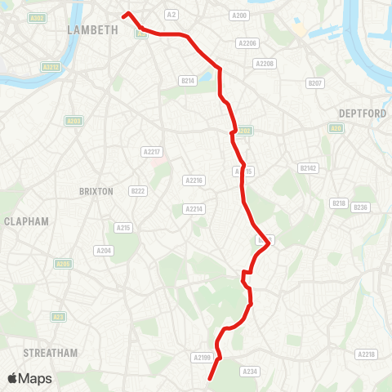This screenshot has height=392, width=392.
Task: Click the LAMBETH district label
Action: click(92, 29)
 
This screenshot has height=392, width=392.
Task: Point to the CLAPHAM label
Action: click(26, 221)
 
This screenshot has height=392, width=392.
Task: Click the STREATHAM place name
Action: click(51, 353)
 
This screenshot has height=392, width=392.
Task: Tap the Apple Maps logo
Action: click(29, 378)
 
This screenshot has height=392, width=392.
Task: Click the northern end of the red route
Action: click(124, 14)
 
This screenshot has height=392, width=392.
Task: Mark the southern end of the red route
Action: click(210, 379)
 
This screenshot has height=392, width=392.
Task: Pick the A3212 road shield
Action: click(51, 67)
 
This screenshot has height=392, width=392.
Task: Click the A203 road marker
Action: click(73, 121)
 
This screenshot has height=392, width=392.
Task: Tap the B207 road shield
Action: click(314, 83)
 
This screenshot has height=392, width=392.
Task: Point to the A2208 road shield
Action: click(265, 63)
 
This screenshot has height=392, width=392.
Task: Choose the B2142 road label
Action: click(307, 167)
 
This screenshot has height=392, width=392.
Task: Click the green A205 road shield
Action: click(63, 264)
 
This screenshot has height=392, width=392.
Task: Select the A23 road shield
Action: click(58, 316)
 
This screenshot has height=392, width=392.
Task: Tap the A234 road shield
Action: click(250, 371)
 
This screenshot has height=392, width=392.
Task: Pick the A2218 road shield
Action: click(367, 354)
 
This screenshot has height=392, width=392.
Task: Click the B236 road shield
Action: click(360, 207)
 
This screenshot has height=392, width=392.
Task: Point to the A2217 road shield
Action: click(151, 151)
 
